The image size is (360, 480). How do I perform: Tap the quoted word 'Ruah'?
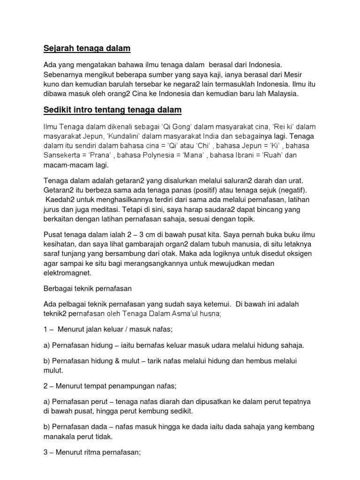[270, 156]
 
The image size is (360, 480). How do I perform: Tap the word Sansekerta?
[64, 156]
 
